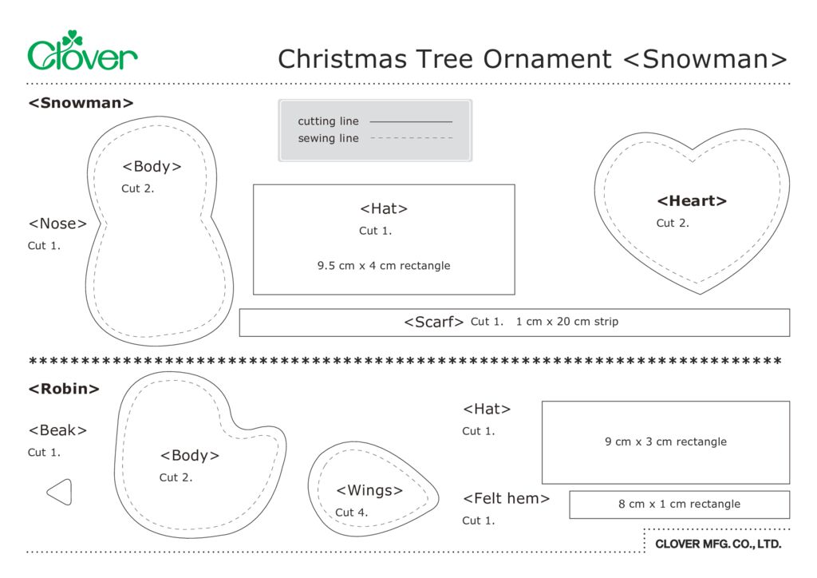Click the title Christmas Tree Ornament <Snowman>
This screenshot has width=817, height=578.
point(532,59)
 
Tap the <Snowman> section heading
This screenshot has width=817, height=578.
point(81,103)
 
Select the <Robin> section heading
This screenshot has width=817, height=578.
point(64,390)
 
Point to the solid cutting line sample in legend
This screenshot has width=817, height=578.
point(411,121)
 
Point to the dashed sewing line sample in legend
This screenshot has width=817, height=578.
point(411,138)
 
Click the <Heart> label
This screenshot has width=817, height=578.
point(692,201)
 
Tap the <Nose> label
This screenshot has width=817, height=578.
point(57,224)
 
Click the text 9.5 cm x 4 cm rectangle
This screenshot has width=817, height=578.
point(384,266)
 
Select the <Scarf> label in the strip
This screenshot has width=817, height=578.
point(433,323)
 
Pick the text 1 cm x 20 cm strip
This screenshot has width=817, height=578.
point(566,322)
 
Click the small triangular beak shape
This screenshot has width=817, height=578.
point(60,492)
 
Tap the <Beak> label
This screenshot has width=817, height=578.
point(57,430)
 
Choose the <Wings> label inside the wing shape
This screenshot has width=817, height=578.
point(369,490)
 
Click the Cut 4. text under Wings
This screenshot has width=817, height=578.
point(351,513)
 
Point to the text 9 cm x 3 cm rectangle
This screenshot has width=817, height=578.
point(665,441)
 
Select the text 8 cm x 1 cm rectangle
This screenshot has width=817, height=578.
point(679,505)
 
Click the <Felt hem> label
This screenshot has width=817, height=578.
point(506,499)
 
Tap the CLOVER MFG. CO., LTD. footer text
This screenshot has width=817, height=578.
point(717,544)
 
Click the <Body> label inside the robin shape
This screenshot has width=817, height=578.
point(189,456)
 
